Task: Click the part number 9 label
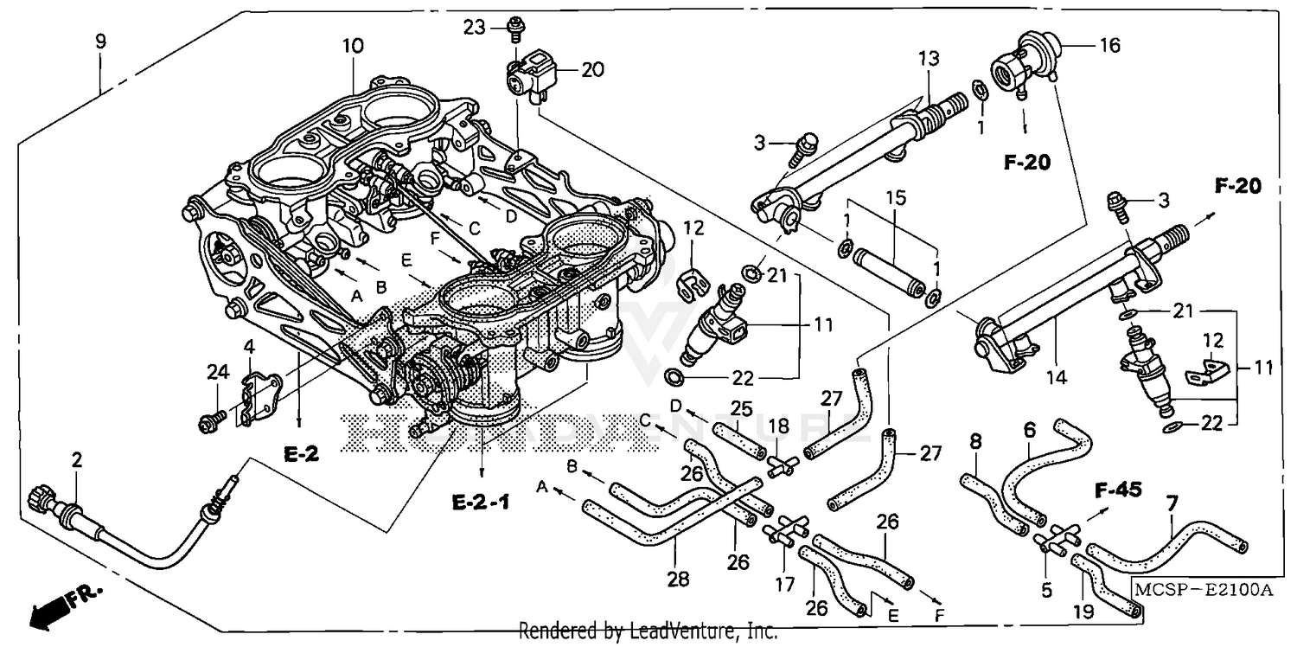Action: click(101, 41)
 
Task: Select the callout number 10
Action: click(354, 46)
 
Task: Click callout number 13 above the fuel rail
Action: click(927, 60)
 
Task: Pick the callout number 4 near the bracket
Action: click(249, 348)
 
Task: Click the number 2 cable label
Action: click(77, 460)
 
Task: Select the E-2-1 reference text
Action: click(481, 501)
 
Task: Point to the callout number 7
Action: click(1172, 503)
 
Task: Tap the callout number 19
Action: click(1084, 611)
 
